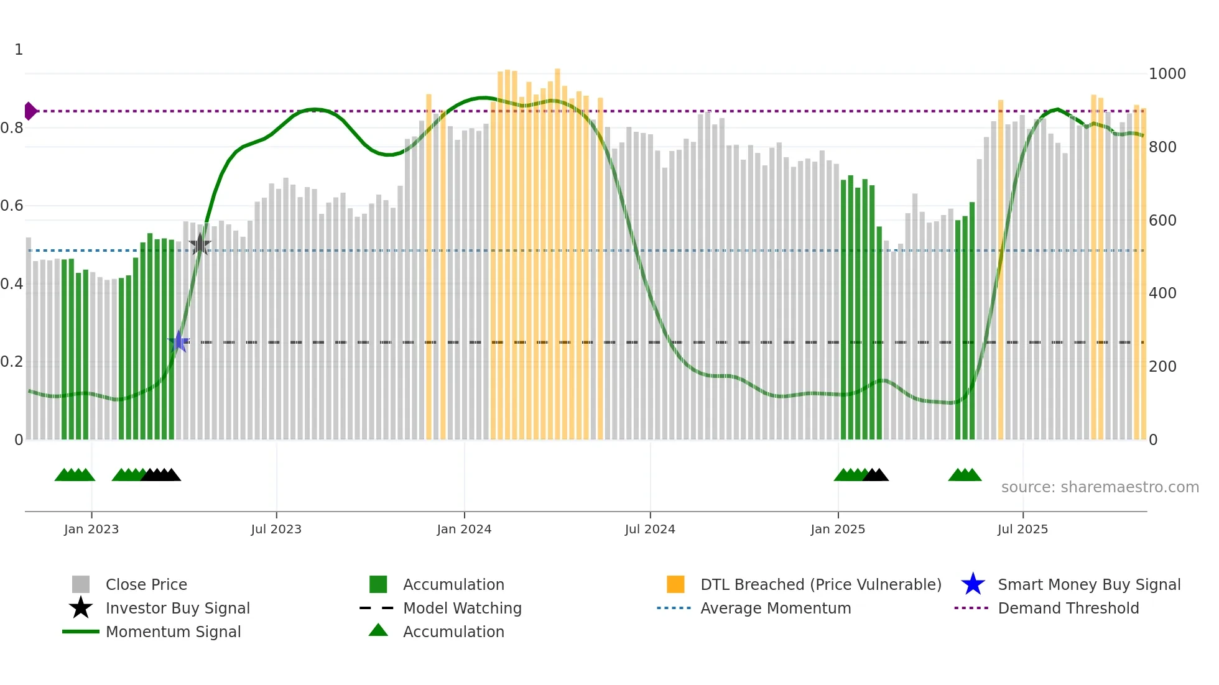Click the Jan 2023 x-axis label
(91, 529)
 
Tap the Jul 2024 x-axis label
(650, 529)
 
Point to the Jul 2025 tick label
(1022, 529)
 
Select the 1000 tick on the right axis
(1167, 74)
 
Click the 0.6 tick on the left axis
(12, 206)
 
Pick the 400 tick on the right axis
(1162, 293)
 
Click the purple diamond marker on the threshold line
(30, 111)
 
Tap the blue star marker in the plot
(179, 342)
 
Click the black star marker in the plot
(200, 244)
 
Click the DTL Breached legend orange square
(675, 584)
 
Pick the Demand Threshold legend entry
(1068, 608)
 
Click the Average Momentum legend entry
(775, 608)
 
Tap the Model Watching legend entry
(461, 608)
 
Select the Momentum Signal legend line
(81, 632)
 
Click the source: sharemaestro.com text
(1100, 487)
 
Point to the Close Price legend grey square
(81, 584)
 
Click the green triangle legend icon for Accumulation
(378, 630)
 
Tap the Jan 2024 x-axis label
(464, 529)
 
